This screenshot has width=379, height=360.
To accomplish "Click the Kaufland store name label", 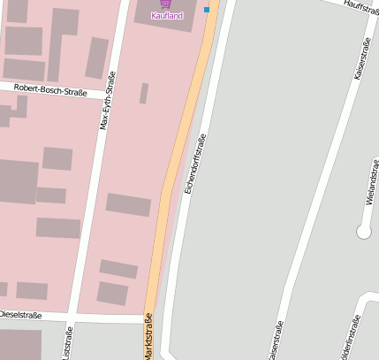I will click(167, 16).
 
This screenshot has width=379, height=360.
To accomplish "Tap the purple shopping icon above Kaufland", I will click(166, 4).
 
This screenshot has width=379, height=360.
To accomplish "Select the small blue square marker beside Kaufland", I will click(207, 10).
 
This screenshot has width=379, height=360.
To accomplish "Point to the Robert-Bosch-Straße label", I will click(50, 90).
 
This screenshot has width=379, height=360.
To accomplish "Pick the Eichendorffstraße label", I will click(195, 164).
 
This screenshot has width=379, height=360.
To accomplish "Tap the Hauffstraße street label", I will click(360, 7).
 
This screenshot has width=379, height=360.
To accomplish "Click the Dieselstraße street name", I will click(21, 313).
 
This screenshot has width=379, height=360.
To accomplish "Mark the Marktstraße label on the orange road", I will click(148, 339).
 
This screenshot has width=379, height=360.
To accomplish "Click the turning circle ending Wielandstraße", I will click(363, 232).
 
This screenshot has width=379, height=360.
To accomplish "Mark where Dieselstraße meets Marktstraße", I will click(148, 317).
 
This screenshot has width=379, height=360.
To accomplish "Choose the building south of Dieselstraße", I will click(20, 344).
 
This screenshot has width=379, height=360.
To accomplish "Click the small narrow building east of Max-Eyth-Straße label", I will click(143, 93).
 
